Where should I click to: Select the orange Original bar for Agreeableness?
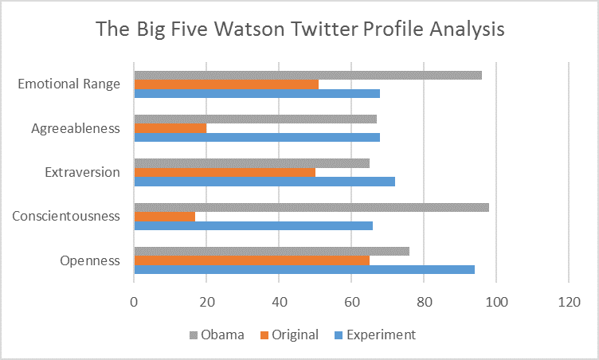click(x=170, y=127)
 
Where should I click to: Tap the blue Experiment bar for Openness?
click(x=303, y=269)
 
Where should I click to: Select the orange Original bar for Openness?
click(x=252, y=260)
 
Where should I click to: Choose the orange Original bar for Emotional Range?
click(x=226, y=84)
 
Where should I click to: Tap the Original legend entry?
click(x=289, y=335)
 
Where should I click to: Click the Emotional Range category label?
click(x=69, y=83)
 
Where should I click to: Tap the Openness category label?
click(x=89, y=260)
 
